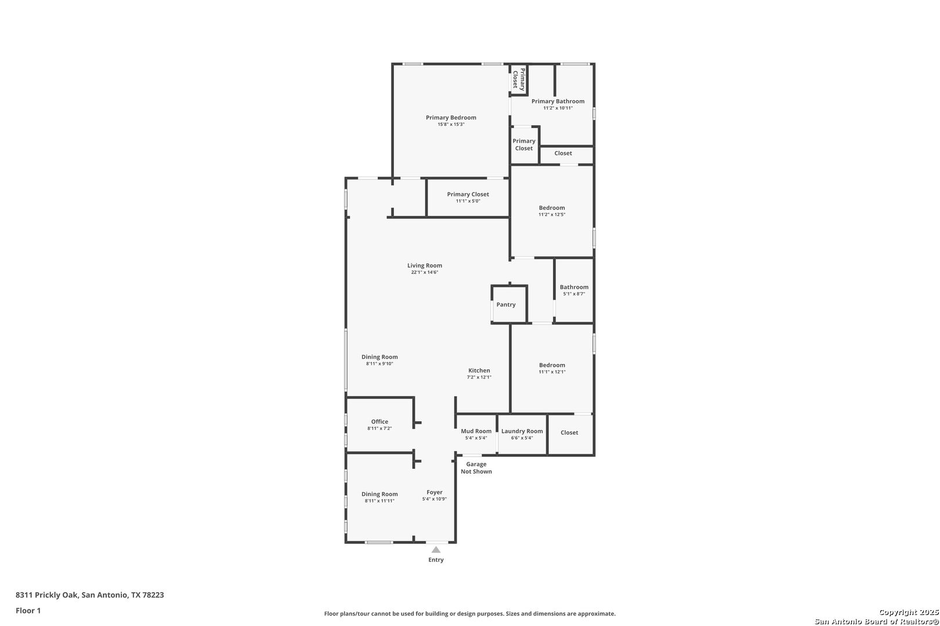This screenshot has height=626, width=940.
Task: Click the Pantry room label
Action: (505, 304)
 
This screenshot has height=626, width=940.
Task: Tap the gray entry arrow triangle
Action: (436, 549)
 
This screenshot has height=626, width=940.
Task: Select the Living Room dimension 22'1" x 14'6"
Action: (425, 272)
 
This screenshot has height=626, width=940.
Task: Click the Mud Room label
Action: (476, 431)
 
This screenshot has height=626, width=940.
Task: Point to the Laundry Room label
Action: (522, 431)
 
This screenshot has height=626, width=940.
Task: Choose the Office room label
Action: (379, 422)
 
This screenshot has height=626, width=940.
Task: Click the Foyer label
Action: (435, 492)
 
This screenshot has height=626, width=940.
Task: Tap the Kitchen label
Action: (479, 370)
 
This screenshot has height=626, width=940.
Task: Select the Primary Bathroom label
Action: (558, 101)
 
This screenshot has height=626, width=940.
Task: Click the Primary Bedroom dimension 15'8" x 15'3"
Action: (451, 124)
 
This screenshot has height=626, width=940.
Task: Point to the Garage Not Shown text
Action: (476, 468)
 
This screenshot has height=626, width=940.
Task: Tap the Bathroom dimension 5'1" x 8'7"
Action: (574, 294)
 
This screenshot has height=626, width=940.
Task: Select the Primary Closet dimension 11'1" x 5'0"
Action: (468, 201)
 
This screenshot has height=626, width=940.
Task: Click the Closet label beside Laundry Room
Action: (569, 432)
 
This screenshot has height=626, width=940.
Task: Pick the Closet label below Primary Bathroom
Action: (563, 153)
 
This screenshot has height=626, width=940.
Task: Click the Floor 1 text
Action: (28, 610)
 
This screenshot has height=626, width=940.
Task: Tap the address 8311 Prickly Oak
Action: (46, 595)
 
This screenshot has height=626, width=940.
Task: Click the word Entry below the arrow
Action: (436, 560)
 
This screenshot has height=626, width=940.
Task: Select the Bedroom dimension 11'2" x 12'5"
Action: (552, 214)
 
